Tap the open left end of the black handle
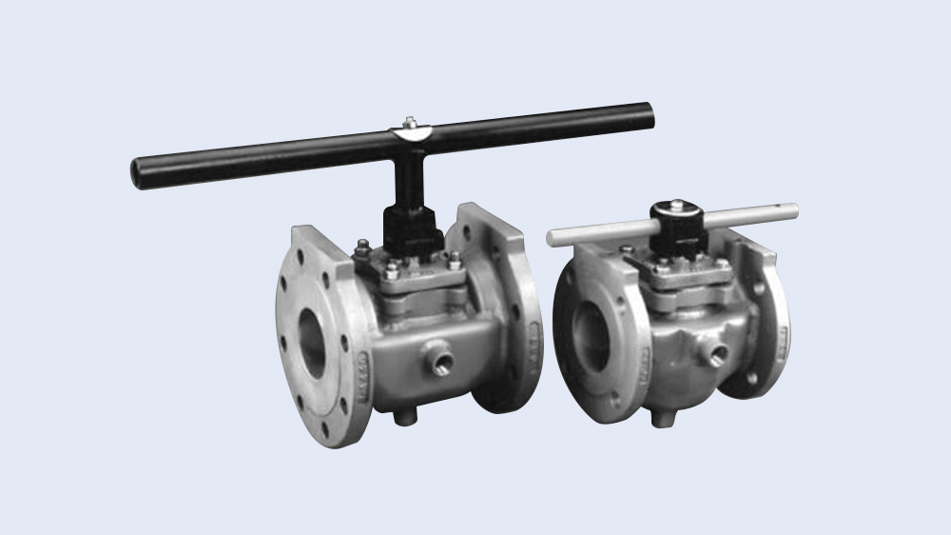tap(138, 173)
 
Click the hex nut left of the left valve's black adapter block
tap(363, 252)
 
